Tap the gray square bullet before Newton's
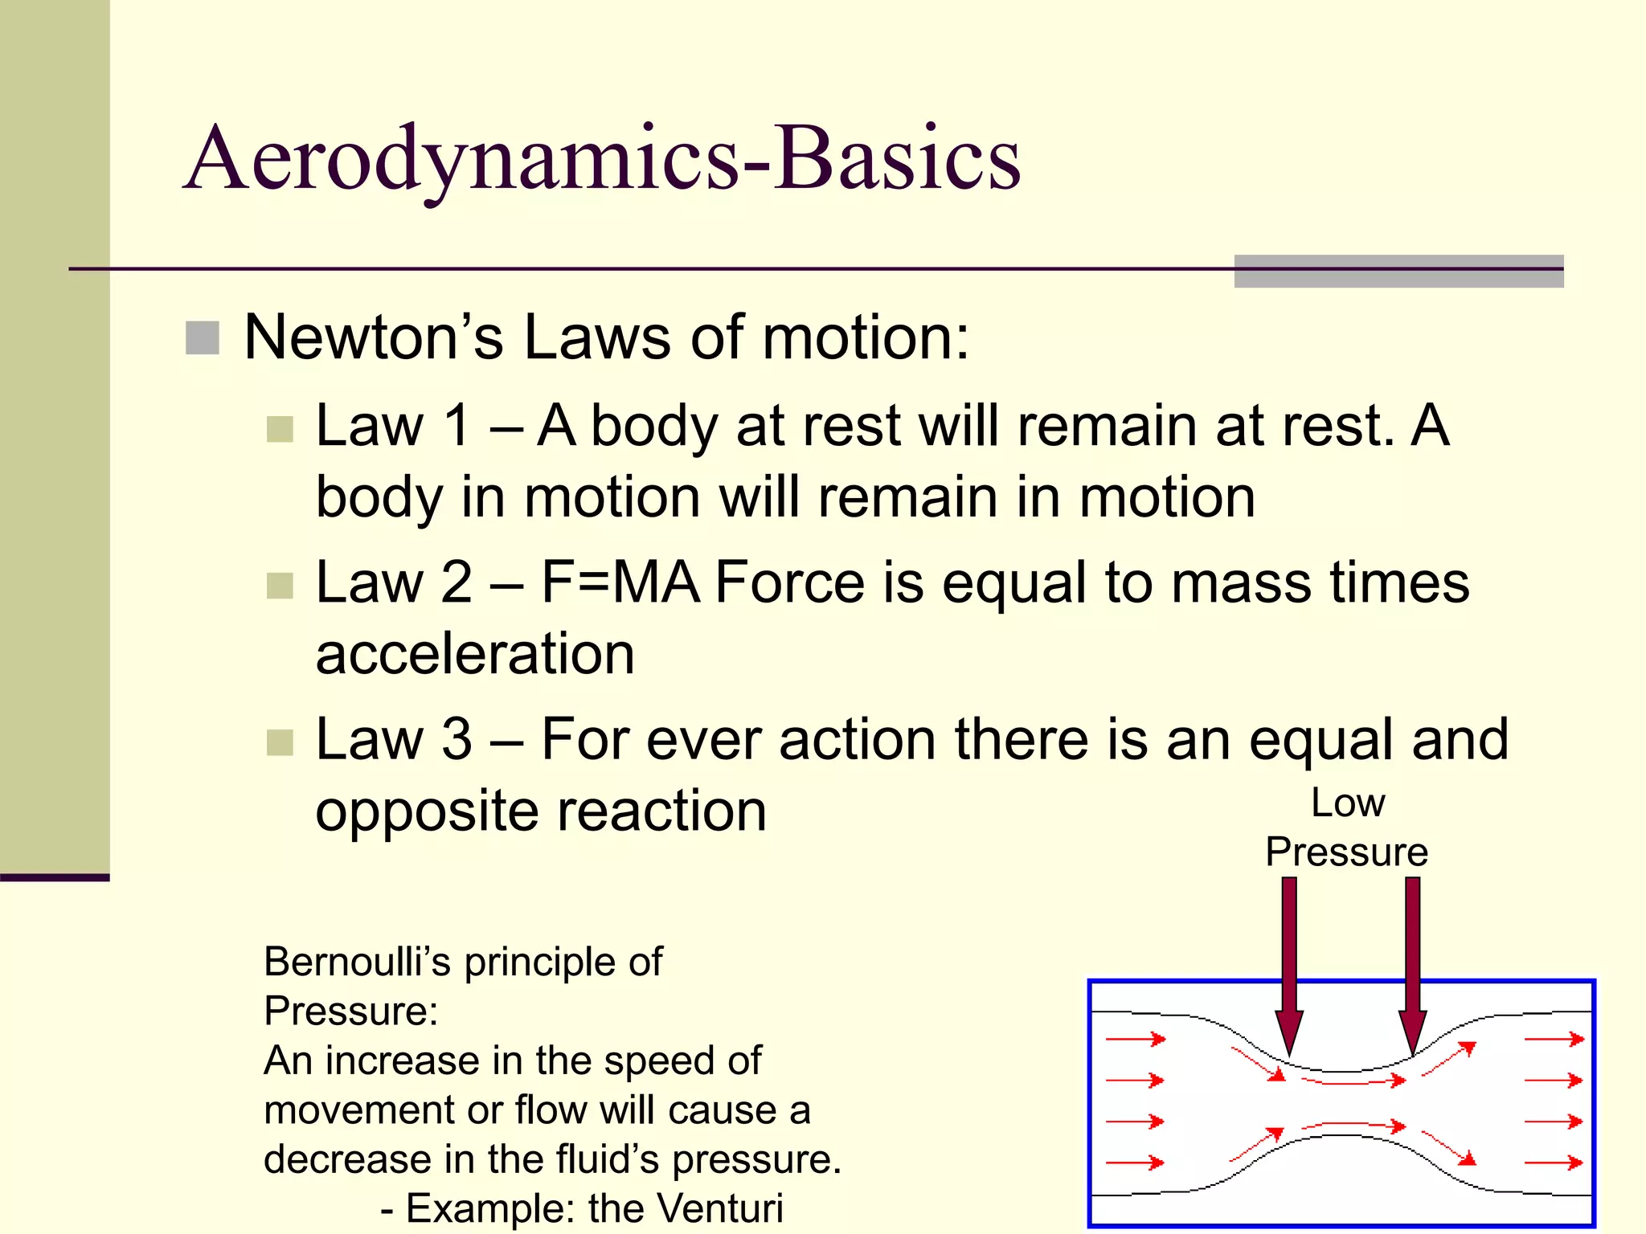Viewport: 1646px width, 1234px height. tap(203, 338)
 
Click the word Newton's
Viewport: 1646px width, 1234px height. tap(374, 337)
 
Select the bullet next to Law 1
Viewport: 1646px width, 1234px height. tap(280, 429)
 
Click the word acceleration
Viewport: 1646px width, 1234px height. tap(475, 654)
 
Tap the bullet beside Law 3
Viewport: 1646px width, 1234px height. tap(280, 742)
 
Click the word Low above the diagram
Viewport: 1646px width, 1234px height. tap(1348, 803)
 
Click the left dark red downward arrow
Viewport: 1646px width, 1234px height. tap(1289, 964)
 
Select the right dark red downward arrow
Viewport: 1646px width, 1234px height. tap(1412, 964)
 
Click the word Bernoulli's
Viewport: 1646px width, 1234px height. tap(357, 962)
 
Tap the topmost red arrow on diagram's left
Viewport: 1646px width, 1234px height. tap(1136, 1039)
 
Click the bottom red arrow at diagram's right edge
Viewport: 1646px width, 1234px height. tap(1554, 1162)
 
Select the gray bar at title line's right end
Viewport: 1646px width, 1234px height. tap(1398, 272)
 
